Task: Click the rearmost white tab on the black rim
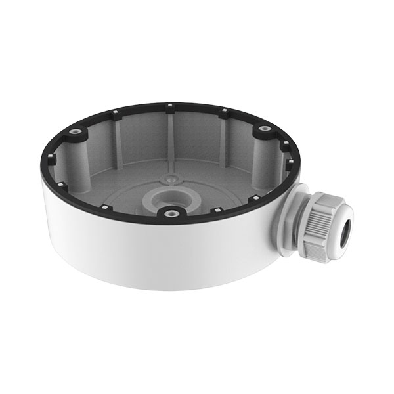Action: (170, 105)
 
